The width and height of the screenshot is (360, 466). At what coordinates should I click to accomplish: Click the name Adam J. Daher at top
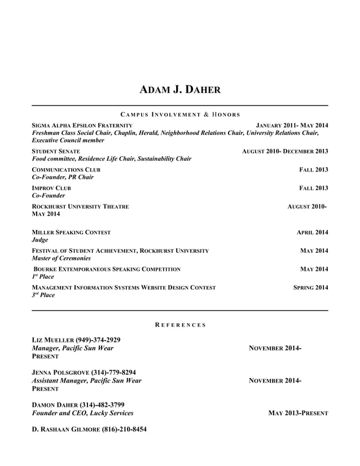pyautogui.click(x=179, y=90)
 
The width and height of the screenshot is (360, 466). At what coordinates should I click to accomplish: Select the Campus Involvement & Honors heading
pyautogui.click(x=179, y=115)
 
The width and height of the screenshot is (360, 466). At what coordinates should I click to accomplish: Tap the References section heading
pyautogui.click(x=180, y=325)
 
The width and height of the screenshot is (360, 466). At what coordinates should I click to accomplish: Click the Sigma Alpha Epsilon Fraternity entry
pyautogui.click(x=82, y=125)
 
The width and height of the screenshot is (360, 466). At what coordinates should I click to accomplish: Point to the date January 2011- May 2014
pyautogui.click(x=292, y=125)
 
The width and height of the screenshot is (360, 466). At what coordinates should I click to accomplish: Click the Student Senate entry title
pyautogui.click(x=56, y=151)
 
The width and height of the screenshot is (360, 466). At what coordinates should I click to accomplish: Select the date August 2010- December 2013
pyautogui.click(x=284, y=151)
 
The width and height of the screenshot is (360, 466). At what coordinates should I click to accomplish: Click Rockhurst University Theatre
pyautogui.click(x=80, y=206)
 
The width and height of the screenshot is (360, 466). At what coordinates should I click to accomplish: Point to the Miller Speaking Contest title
pyautogui.click(x=71, y=232)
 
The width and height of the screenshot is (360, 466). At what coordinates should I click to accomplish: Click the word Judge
pyautogui.click(x=40, y=240)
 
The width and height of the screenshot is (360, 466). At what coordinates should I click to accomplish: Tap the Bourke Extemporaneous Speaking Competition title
pyautogui.click(x=107, y=269)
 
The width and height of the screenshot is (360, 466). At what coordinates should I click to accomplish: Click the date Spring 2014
pyautogui.click(x=310, y=288)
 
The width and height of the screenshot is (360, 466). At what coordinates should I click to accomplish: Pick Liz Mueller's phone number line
pyautogui.click(x=76, y=340)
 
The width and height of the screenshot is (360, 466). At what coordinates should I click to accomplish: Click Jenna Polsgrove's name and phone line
pyautogui.click(x=84, y=372)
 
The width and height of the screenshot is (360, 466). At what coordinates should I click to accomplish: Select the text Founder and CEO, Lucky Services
pyautogui.click(x=82, y=413)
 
